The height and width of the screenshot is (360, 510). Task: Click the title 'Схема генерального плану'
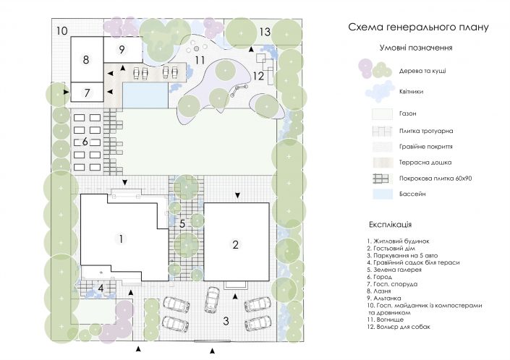click(418, 27)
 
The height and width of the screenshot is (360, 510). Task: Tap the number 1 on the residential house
click(121, 239)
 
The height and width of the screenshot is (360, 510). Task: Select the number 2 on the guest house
click(236, 244)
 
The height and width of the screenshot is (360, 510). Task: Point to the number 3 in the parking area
click(226, 321)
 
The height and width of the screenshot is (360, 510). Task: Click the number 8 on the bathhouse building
click(86, 59)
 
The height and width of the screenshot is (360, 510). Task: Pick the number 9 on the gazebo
click(122, 49)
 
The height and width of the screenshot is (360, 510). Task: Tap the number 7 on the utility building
click(87, 93)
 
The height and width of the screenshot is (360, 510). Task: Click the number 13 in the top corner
click(265, 32)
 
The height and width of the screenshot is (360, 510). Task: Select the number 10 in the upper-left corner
click(61, 31)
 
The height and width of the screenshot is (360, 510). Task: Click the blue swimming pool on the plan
click(145, 95)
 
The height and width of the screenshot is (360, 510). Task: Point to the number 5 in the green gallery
click(182, 223)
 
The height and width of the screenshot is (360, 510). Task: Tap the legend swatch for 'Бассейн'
click(383, 194)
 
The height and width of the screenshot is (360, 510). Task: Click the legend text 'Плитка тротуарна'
click(426, 131)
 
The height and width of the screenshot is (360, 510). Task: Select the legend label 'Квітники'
click(411, 92)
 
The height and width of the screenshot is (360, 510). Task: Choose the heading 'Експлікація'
click(391, 225)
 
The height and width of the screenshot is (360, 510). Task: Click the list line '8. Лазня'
click(379, 291)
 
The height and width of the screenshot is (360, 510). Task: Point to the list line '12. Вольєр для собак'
click(399, 327)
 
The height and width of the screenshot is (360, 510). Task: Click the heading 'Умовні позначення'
click(416, 48)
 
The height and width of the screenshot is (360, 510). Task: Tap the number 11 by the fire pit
click(200, 60)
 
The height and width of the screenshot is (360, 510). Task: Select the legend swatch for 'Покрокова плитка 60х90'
click(381, 179)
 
